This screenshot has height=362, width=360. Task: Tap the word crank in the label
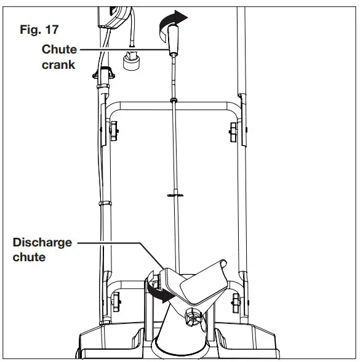point(59,64)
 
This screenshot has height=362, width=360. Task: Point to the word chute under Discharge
point(28,257)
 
